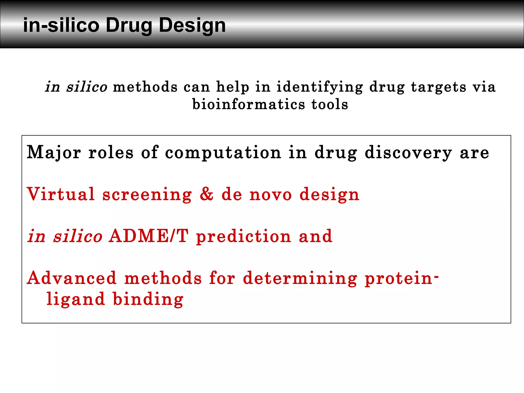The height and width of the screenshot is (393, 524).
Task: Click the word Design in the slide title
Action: tap(192, 26)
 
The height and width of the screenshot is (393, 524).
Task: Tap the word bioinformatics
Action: tap(249, 104)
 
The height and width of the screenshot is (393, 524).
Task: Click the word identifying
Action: tap(320, 87)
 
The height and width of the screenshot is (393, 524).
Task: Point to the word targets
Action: tap(439, 87)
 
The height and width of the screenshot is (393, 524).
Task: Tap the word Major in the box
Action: tap(54, 153)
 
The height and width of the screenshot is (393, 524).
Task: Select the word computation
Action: tap(223, 153)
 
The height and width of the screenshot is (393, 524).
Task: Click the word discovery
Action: tap(408, 153)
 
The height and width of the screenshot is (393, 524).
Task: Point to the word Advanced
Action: tap(72, 278)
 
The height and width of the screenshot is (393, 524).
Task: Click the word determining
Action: tap(300, 278)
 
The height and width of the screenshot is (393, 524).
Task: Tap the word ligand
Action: tap(76, 299)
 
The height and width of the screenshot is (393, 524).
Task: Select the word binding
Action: tap(148, 299)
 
